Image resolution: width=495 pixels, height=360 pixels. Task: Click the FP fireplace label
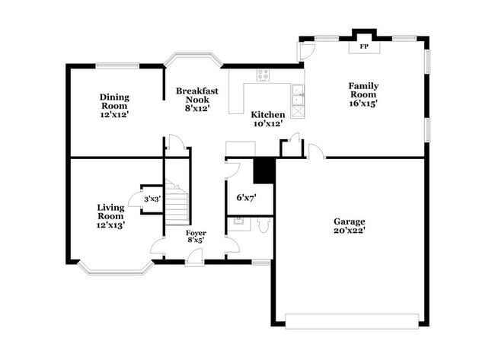pyautogui.click(x=364, y=47)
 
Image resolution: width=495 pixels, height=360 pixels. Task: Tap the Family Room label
pyautogui.click(x=363, y=94)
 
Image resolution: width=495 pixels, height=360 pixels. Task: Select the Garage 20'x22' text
pyautogui.click(x=349, y=226)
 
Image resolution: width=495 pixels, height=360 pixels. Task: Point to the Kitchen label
pyautogui.click(x=267, y=119)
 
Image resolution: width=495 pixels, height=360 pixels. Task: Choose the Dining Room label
pyautogui.click(x=114, y=106)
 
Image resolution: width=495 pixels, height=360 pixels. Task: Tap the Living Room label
pyautogui.click(x=110, y=215)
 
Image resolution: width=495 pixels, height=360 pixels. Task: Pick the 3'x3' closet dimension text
pyautogui.click(x=152, y=199)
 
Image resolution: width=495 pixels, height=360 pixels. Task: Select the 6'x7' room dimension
pyautogui.click(x=246, y=198)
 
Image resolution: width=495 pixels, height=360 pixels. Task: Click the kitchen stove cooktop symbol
pyautogui.click(x=263, y=75)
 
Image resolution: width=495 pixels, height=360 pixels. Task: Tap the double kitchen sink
pyautogui.click(x=297, y=97)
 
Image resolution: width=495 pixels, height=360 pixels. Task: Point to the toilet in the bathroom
pyautogui.click(x=262, y=225)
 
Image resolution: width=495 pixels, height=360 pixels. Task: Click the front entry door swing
pyautogui.click(x=194, y=256)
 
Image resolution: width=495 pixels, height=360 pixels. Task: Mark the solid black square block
pyautogui.click(x=263, y=170)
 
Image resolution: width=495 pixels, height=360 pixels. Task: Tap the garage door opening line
pyautogui.click(x=352, y=320)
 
